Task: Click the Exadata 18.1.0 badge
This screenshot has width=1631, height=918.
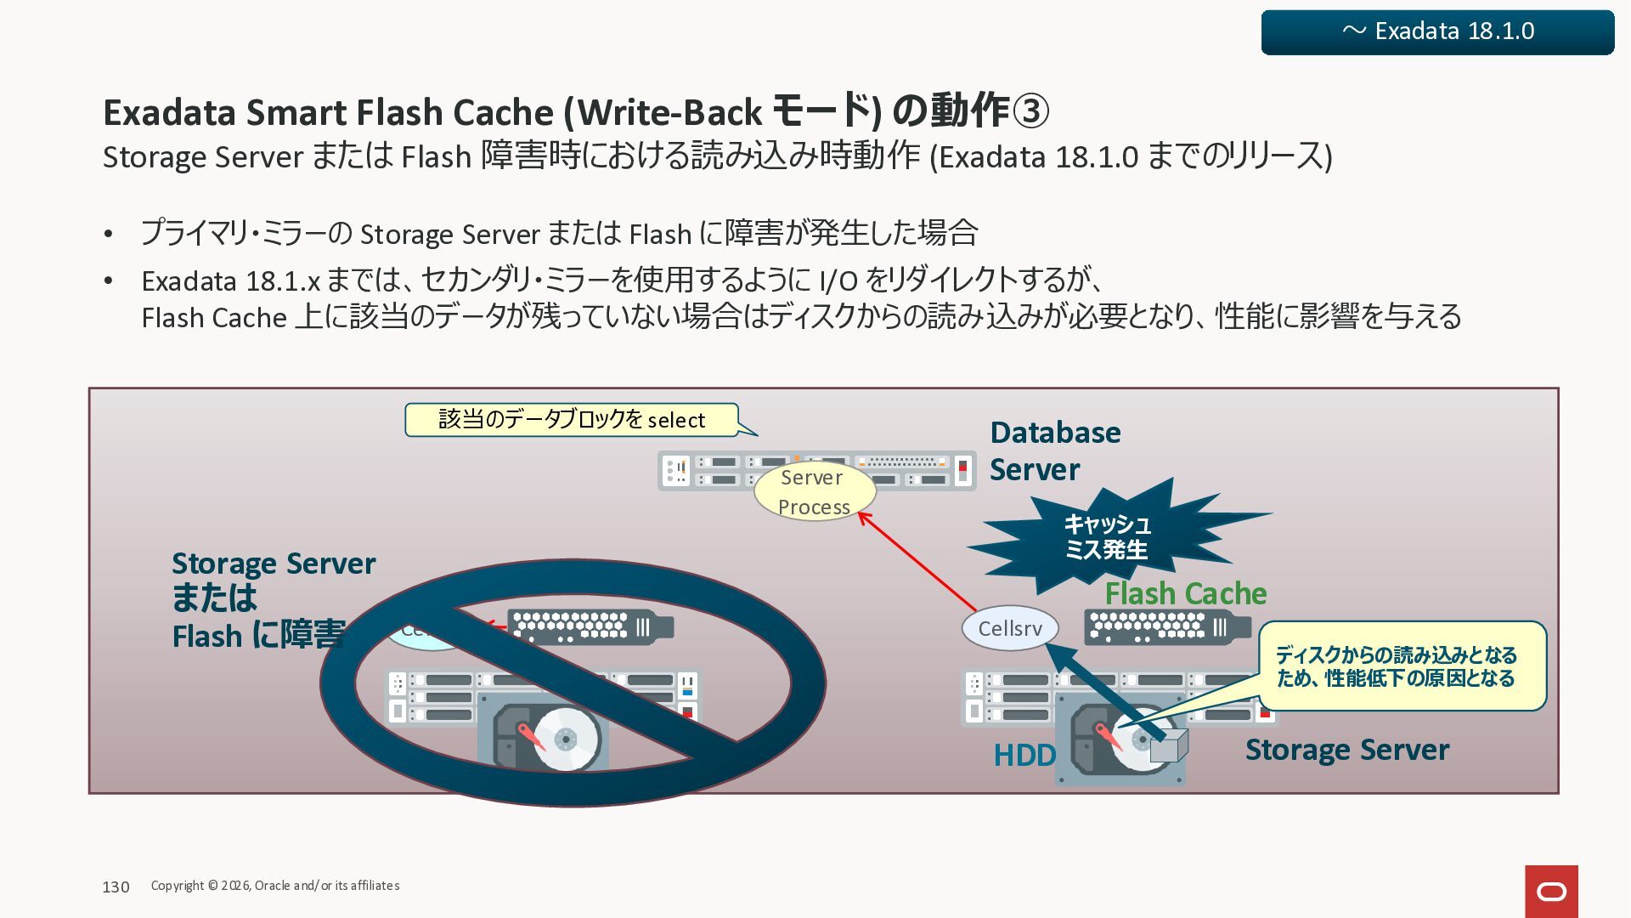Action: [1437, 32]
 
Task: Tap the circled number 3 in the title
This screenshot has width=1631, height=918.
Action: [1030, 111]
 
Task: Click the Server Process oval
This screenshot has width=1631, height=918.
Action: [814, 492]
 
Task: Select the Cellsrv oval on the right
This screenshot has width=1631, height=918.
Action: [1009, 628]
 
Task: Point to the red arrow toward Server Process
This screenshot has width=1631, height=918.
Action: [917, 561]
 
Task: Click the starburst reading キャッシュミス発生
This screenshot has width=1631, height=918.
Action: [1107, 537]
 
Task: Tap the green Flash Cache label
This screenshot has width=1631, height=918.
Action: [1185, 593]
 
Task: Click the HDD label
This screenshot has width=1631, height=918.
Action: [1024, 755]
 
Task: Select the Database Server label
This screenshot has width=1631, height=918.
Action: [1055, 450]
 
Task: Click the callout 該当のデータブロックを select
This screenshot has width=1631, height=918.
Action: [571, 420]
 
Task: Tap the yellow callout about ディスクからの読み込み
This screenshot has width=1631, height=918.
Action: [1400, 666]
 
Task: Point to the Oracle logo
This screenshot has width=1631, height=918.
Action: [1551, 891]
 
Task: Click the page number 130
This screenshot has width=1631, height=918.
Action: [116, 887]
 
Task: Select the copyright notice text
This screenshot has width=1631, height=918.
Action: [275, 886]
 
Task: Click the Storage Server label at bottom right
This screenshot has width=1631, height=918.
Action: [1346, 750]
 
